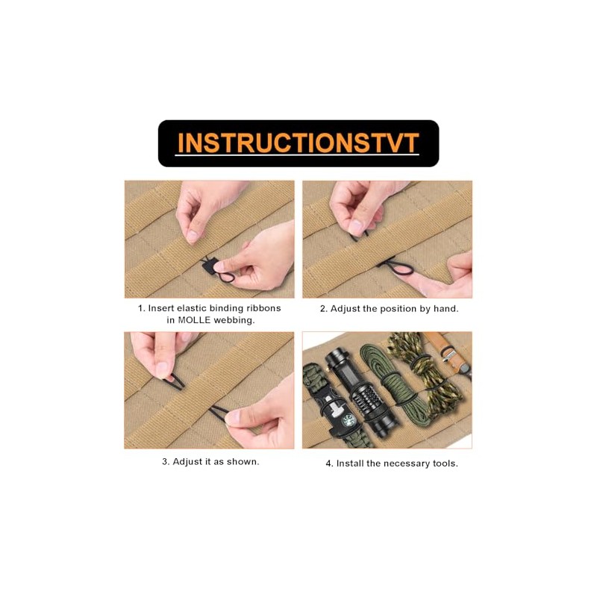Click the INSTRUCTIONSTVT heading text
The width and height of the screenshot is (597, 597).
(x=298, y=143)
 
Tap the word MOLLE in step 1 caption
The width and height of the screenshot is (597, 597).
(x=196, y=320)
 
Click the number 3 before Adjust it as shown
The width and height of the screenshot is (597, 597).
(x=165, y=461)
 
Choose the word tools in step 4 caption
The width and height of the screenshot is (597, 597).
(x=445, y=463)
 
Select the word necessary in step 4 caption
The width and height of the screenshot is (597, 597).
(x=408, y=463)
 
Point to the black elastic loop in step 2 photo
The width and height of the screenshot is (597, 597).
(x=387, y=263)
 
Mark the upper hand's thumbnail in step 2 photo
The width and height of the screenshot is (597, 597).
(x=356, y=226)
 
